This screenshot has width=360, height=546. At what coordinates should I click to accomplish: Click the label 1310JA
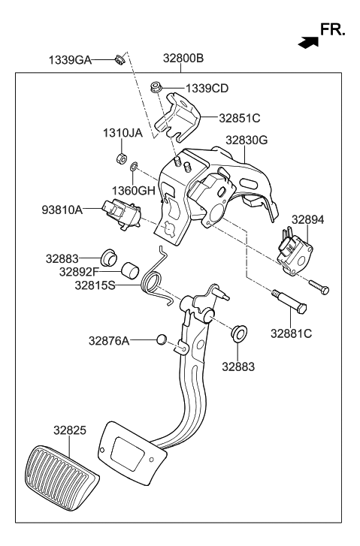tap(122, 134)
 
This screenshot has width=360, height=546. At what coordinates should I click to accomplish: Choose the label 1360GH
tap(135, 190)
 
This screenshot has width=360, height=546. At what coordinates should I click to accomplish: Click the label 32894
tap(307, 219)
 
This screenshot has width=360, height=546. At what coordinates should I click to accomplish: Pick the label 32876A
tap(108, 340)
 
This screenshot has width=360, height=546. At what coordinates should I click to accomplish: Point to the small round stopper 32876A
tap(161, 340)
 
